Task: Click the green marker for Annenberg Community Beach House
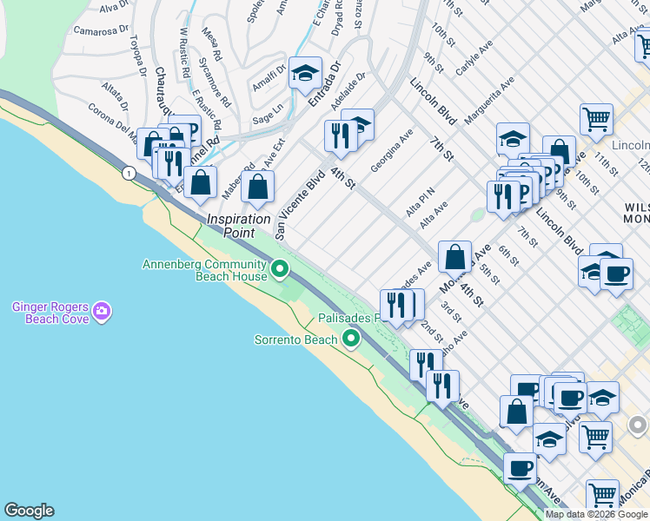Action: (x=279, y=270)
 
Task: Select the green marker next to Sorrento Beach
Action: (x=351, y=339)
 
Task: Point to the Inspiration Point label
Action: (x=239, y=226)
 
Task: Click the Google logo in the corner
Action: (x=29, y=511)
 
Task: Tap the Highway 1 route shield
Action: (x=129, y=174)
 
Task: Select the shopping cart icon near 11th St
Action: (x=596, y=119)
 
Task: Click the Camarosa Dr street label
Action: (x=95, y=31)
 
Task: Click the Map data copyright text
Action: (x=597, y=515)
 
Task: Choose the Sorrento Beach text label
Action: (x=295, y=340)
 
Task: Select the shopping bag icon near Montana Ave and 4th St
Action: (x=454, y=256)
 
